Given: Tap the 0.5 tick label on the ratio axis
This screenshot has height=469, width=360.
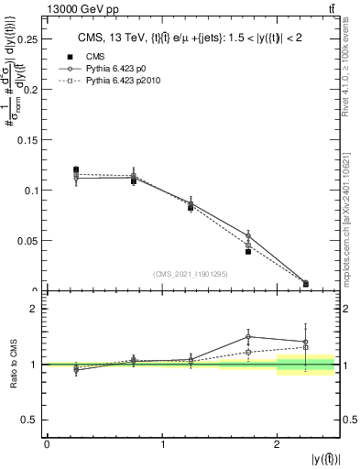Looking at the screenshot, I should [x=31, y=420].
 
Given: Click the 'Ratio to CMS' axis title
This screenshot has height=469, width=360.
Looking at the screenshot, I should [x=14, y=365].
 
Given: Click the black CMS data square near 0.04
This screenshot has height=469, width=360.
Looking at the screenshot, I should [x=248, y=251].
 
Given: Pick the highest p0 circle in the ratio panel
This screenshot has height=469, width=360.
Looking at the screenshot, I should [x=248, y=336].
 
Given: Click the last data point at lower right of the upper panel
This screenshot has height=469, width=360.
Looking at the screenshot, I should [x=306, y=284].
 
